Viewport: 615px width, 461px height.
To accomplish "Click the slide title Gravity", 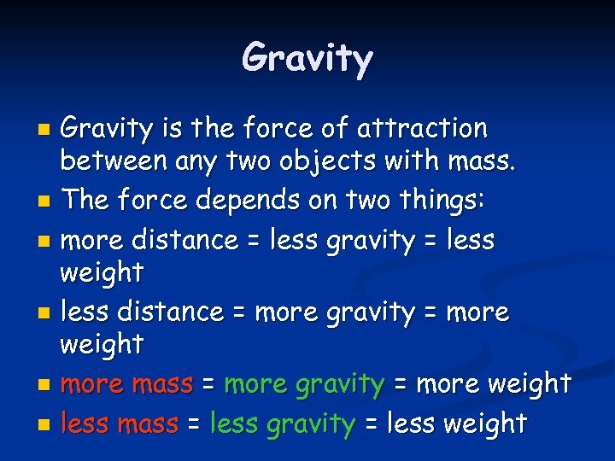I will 307,59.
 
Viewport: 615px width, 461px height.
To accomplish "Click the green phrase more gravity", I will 303,385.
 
